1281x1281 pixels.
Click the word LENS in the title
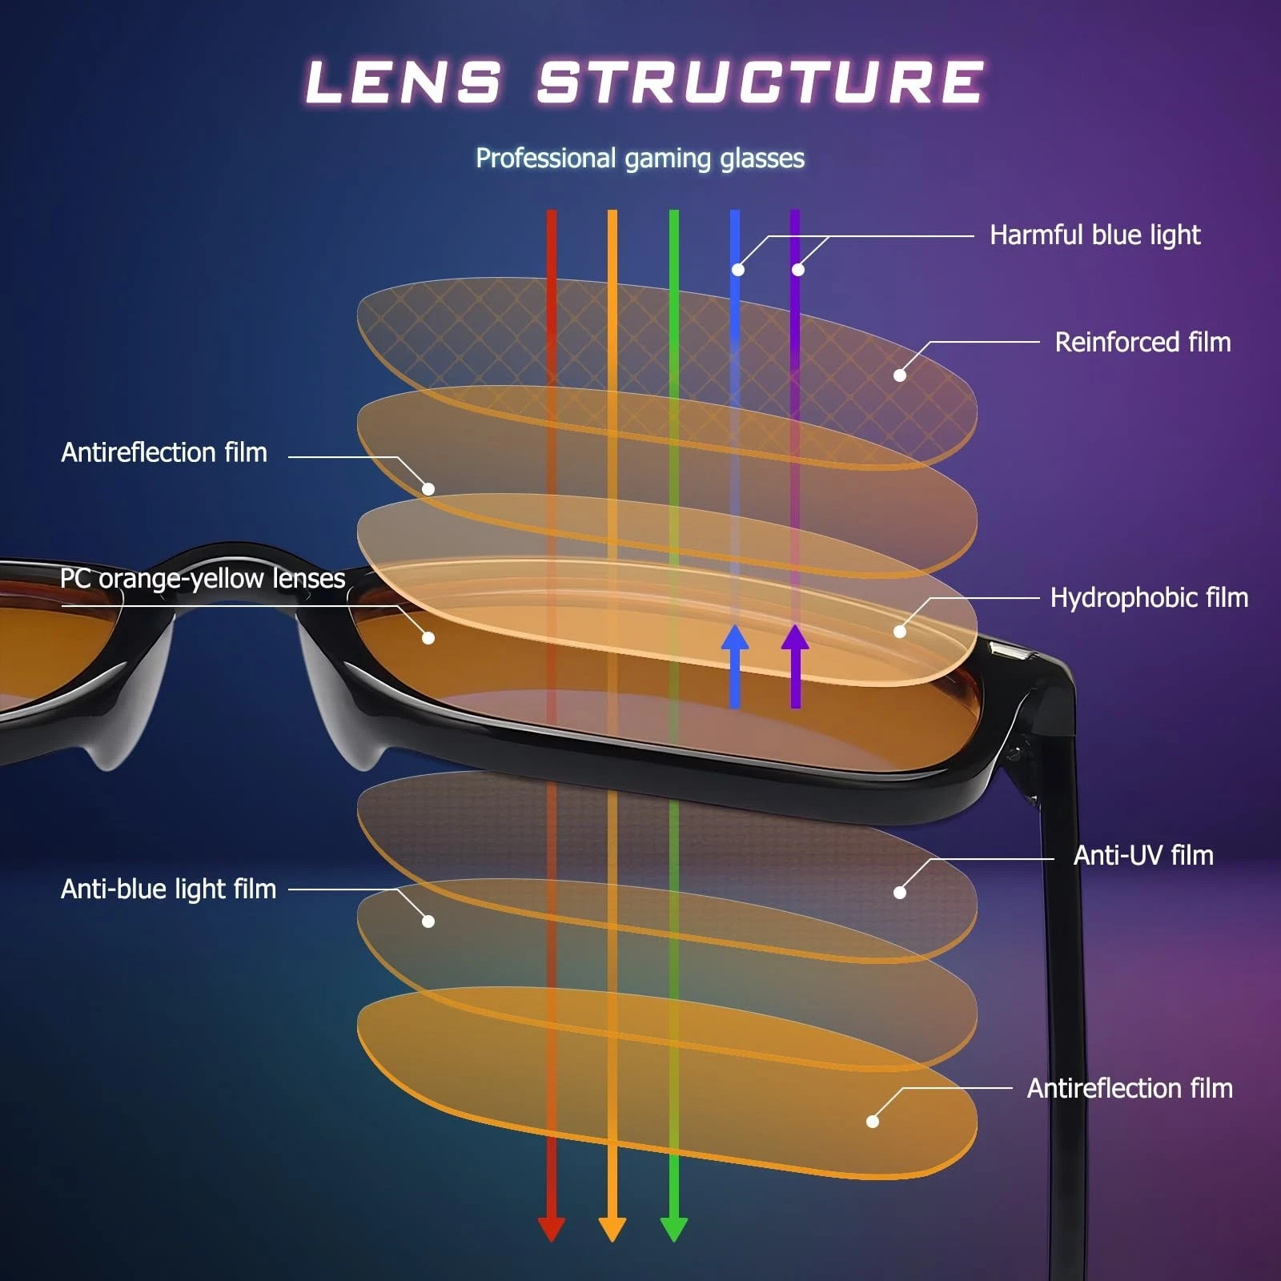[404, 82]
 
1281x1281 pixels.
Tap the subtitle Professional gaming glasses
[640, 158]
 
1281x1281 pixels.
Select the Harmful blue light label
[1094, 235]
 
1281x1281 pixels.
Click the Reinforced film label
[1142, 342]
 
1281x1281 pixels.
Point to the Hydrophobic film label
[1149, 597]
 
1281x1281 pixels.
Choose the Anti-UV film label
[1143, 855]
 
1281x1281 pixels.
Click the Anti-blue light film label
[168, 889]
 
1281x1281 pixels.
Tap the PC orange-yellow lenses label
[203, 578]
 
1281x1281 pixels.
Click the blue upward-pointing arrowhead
[735, 638]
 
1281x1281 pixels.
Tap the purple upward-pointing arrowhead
[795, 638]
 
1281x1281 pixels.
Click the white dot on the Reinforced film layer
[900, 375]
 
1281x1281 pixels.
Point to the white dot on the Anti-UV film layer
[900, 892]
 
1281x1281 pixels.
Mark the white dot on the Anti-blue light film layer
[428, 922]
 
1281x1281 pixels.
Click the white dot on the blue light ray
[737, 270]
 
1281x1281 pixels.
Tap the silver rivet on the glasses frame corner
[1009, 653]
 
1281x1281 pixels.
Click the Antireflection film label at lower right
[1130, 1088]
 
